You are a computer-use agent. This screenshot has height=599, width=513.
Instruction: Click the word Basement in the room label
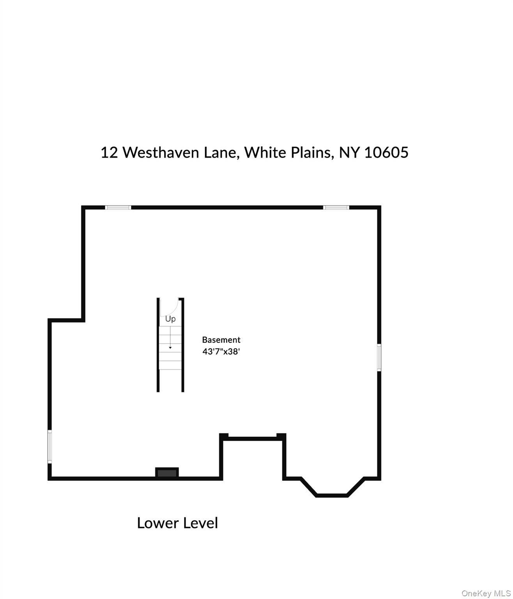221,340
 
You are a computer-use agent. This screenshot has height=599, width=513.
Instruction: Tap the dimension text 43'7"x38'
221,351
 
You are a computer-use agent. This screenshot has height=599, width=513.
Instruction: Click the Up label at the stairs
170,319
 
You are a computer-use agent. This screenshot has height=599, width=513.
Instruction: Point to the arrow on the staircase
170,338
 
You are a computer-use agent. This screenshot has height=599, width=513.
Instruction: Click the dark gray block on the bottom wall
167,473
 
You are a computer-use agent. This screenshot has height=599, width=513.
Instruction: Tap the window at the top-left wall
118,207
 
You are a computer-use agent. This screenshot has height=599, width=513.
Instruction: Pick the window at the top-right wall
336,207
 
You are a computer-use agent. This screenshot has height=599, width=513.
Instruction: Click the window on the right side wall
379,357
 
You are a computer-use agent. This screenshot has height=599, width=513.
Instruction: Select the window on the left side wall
50,447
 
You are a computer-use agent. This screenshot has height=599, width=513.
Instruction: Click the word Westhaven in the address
161,152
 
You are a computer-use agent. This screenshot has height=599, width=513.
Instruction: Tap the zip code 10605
386,152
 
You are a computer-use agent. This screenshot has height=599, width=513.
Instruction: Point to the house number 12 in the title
109,152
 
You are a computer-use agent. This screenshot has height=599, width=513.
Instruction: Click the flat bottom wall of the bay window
331,495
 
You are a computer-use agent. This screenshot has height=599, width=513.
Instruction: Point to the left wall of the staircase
158,345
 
